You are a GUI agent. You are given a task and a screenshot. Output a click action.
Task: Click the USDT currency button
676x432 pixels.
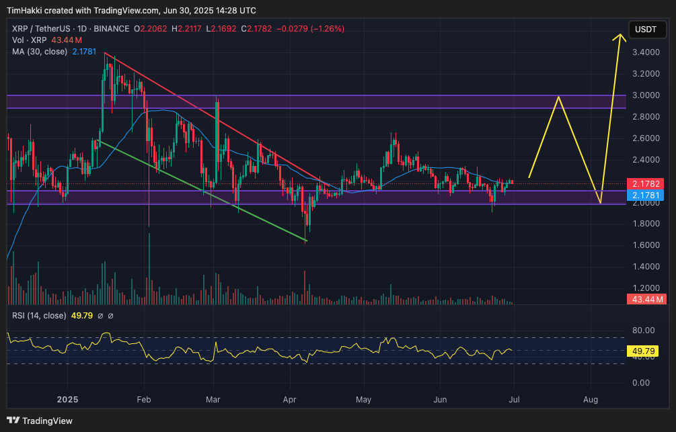coord(646,30)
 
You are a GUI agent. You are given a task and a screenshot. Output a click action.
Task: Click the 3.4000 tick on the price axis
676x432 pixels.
coord(646,52)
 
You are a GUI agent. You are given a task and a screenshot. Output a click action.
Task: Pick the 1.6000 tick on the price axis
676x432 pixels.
coord(646,245)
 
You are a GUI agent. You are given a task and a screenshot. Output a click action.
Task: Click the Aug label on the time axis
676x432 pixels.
coord(591,400)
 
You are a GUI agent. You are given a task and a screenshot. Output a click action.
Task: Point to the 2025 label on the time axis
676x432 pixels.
coord(67,400)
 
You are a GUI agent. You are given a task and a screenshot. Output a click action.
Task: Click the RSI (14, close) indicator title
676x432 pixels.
coord(39,316)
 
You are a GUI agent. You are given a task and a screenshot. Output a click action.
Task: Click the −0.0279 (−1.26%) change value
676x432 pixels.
coord(315,29)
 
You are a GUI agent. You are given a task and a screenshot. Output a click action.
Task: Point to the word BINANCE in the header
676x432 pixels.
coord(112,29)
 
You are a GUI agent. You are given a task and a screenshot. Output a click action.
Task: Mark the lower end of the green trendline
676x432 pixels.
coord(307,241)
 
